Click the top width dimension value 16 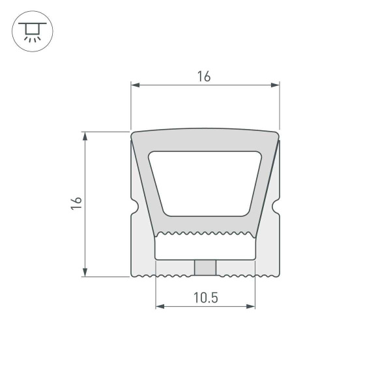pos(204,76)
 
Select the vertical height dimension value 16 pos(76,203)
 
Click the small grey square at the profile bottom pos(205,267)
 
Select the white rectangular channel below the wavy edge pos(205,248)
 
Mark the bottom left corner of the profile pos(133,274)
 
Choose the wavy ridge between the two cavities pos(205,233)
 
